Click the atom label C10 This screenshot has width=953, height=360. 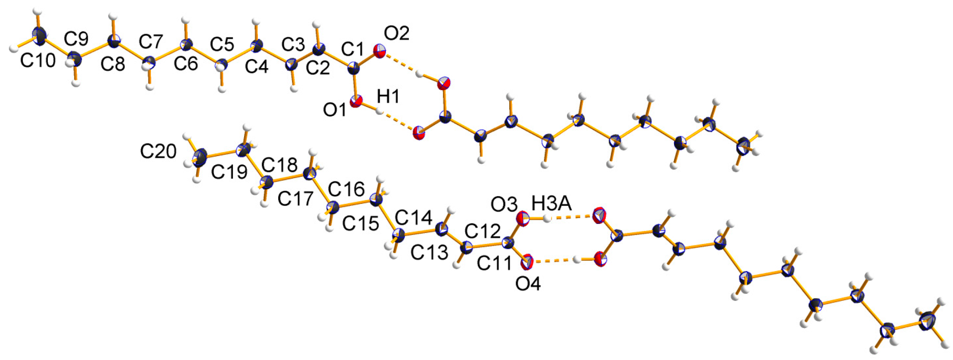click(38, 61)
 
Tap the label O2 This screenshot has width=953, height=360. click(396, 34)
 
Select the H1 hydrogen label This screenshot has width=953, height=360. click(388, 97)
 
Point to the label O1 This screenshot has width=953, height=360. click(335, 110)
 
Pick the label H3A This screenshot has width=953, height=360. click(552, 203)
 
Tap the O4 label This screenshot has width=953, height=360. click(528, 284)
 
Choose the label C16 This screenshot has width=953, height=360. click(346, 189)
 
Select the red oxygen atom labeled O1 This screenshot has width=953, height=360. click(356, 102)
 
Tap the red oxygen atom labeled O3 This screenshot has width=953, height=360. click(523, 218)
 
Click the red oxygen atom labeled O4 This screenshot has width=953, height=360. click(527, 261)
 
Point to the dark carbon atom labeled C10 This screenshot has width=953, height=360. click(40, 35)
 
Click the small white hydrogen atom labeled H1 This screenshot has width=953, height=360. click(379, 112)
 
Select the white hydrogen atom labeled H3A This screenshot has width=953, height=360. click(547, 219)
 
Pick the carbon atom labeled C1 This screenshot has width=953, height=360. click(354, 68)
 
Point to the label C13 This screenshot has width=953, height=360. click(429, 253)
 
